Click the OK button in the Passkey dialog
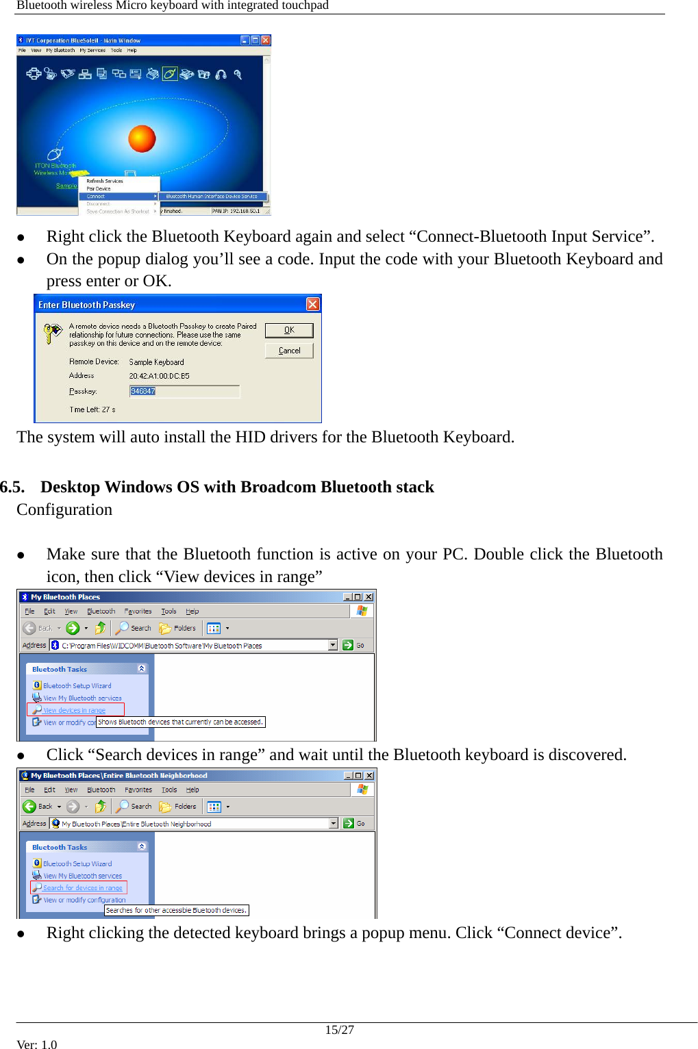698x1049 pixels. tap(289, 330)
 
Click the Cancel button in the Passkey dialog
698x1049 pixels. tap(289, 351)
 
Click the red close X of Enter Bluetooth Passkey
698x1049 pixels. tap(312, 304)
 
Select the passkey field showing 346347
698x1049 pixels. tap(184, 391)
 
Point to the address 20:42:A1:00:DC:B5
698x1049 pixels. tap(159, 376)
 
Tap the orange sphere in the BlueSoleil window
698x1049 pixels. tap(142, 138)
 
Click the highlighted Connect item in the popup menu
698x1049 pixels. tap(119, 197)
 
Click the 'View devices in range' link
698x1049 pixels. tap(74, 710)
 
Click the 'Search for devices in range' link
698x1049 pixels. tap(82, 888)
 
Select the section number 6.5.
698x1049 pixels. tap(12, 487)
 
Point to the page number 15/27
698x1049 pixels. tap(339, 1030)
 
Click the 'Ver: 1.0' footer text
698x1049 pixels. tap(37, 1044)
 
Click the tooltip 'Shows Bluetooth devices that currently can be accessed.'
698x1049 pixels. tap(180, 722)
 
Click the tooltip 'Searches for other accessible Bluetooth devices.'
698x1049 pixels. tap(176, 910)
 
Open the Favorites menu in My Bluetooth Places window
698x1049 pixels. tap(138, 611)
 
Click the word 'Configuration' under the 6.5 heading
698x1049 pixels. tap(64, 509)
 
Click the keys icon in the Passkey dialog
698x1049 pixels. tap(53, 333)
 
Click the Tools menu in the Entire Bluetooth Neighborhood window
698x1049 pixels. tap(169, 789)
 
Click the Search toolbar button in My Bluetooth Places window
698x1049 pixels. tap(134, 628)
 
